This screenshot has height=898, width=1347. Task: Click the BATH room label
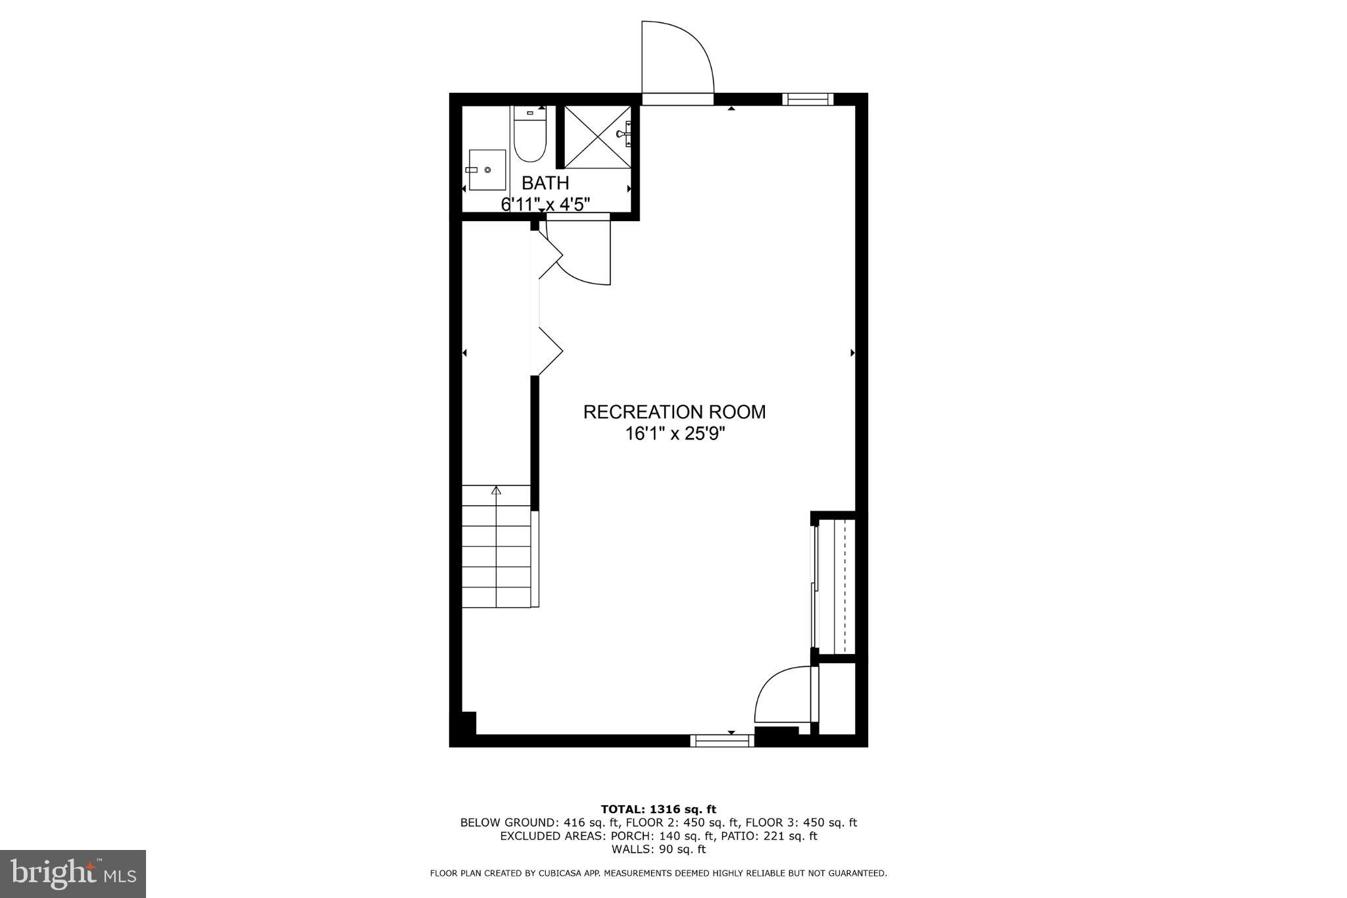click(x=545, y=183)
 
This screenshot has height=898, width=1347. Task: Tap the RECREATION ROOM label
click(x=674, y=412)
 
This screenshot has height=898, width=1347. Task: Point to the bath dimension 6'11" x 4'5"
click(x=545, y=204)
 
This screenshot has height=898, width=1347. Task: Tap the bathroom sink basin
click(x=487, y=170)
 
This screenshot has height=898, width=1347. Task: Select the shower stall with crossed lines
click(x=597, y=136)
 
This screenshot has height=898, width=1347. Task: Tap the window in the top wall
click(x=808, y=99)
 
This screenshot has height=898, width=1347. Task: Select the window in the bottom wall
click(x=722, y=741)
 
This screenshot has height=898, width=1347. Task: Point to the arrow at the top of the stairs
click(x=496, y=490)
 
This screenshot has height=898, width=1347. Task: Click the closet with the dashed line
click(x=835, y=586)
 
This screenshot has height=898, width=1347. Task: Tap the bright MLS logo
click(x=73, y=874)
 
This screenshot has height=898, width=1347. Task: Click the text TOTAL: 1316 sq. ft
click(x=658, y=809)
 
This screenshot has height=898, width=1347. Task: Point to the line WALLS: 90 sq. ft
click(x=658, y=849)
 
